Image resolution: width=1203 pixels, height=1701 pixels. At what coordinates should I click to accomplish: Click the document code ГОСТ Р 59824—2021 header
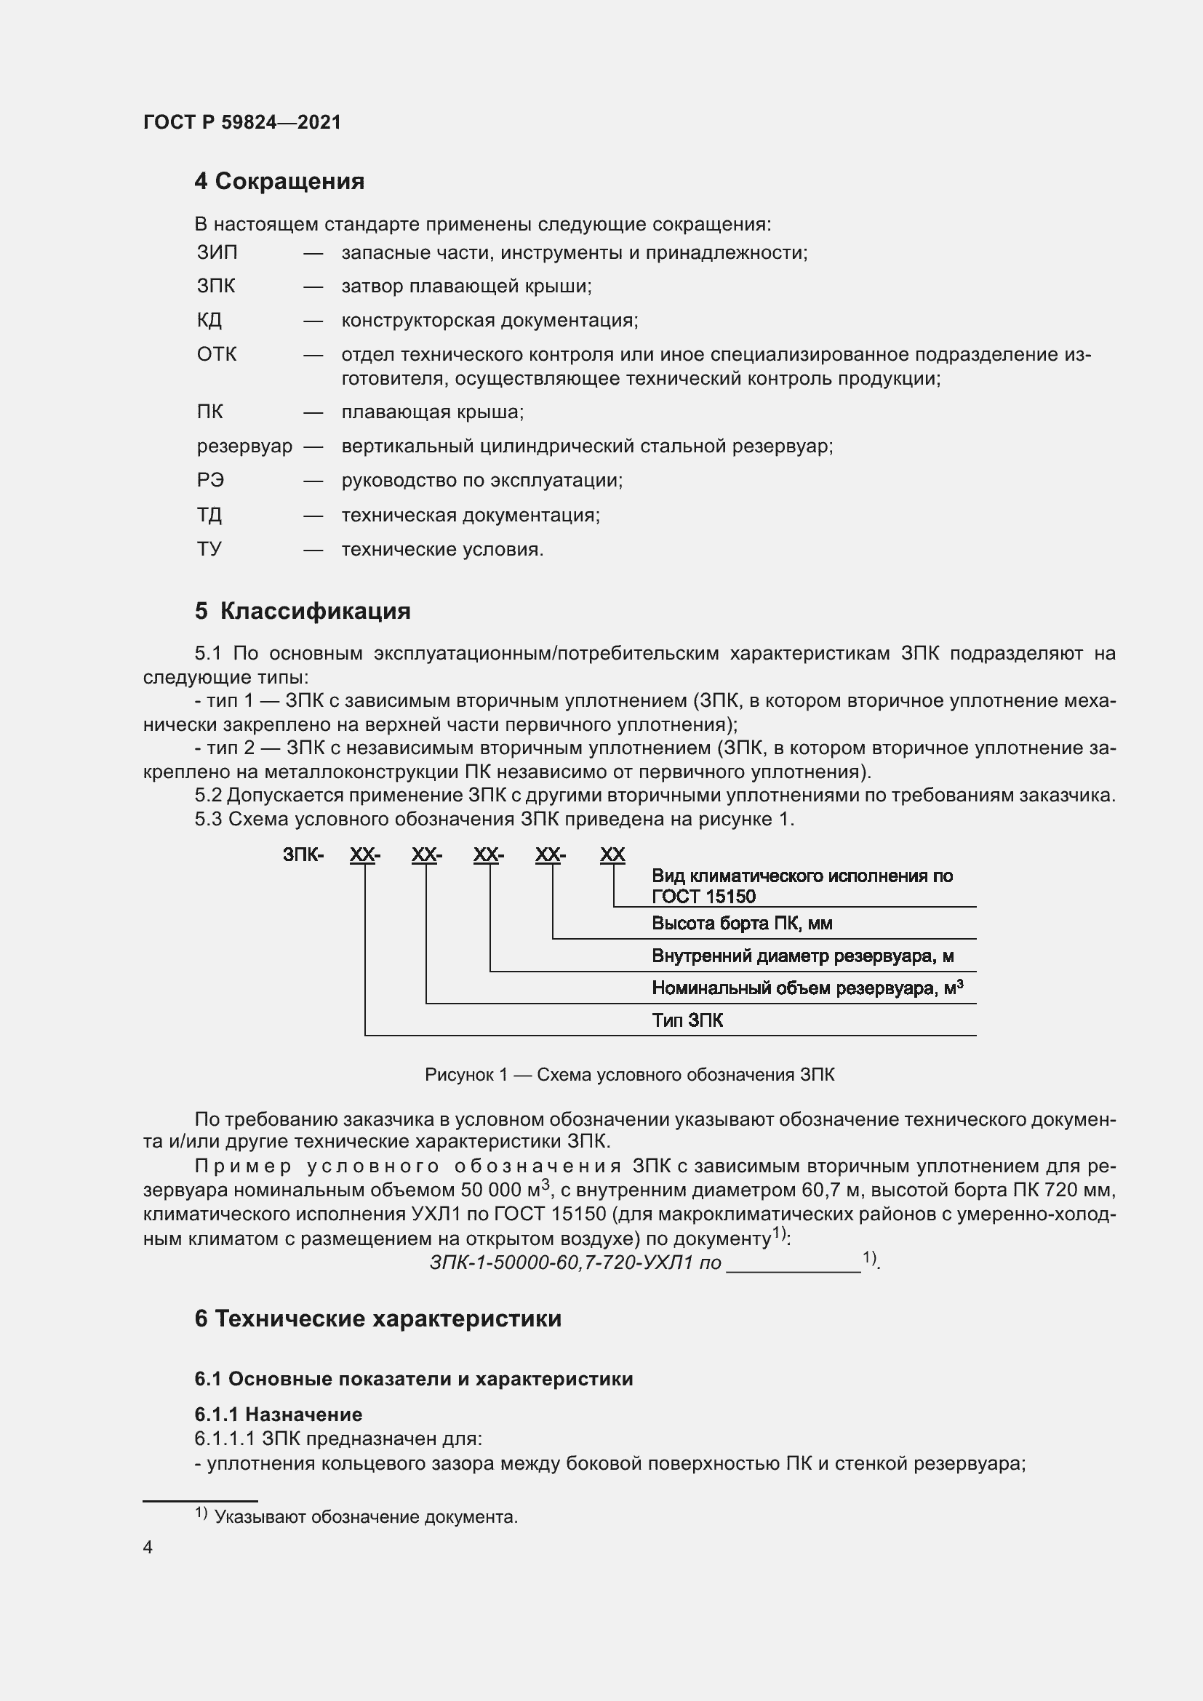[x=242, y=122]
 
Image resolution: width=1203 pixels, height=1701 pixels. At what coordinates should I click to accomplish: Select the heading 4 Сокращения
[x=279, y=182]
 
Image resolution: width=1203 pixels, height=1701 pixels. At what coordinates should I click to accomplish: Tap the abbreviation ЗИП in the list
[x=217, y=252]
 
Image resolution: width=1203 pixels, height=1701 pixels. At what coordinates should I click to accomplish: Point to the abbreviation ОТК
[x=217, y=354]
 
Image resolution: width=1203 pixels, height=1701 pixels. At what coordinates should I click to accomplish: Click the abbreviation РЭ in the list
[x=210, y=480]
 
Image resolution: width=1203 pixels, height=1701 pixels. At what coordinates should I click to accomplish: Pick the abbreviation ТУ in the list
[x=209, y=549]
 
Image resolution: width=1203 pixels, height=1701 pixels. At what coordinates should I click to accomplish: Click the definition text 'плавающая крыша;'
[x=433, y=412]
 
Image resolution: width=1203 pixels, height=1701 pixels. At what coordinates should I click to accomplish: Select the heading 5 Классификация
[x=303, y=611]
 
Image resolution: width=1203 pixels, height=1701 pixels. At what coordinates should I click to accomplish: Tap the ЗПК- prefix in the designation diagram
[x=303, y=855]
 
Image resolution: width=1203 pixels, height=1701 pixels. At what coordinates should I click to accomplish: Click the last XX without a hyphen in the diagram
[x=612, y=855]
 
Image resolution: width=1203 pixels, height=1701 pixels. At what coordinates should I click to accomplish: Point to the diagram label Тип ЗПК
[x=687, y=1020]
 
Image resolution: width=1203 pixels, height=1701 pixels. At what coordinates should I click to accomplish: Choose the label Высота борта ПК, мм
[x=741, y=923]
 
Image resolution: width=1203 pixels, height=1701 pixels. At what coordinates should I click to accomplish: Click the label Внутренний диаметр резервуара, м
[x=802, y=956]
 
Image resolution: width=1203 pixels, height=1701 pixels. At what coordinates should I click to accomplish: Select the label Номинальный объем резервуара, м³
[x=807, y=988]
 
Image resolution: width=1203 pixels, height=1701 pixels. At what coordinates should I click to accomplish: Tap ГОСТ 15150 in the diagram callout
[x=704, y=897]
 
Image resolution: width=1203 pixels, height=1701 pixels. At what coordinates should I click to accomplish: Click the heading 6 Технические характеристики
[x=377, y=1318]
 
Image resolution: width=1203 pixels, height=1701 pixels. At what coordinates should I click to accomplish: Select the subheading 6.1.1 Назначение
[x=278, y=1414]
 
